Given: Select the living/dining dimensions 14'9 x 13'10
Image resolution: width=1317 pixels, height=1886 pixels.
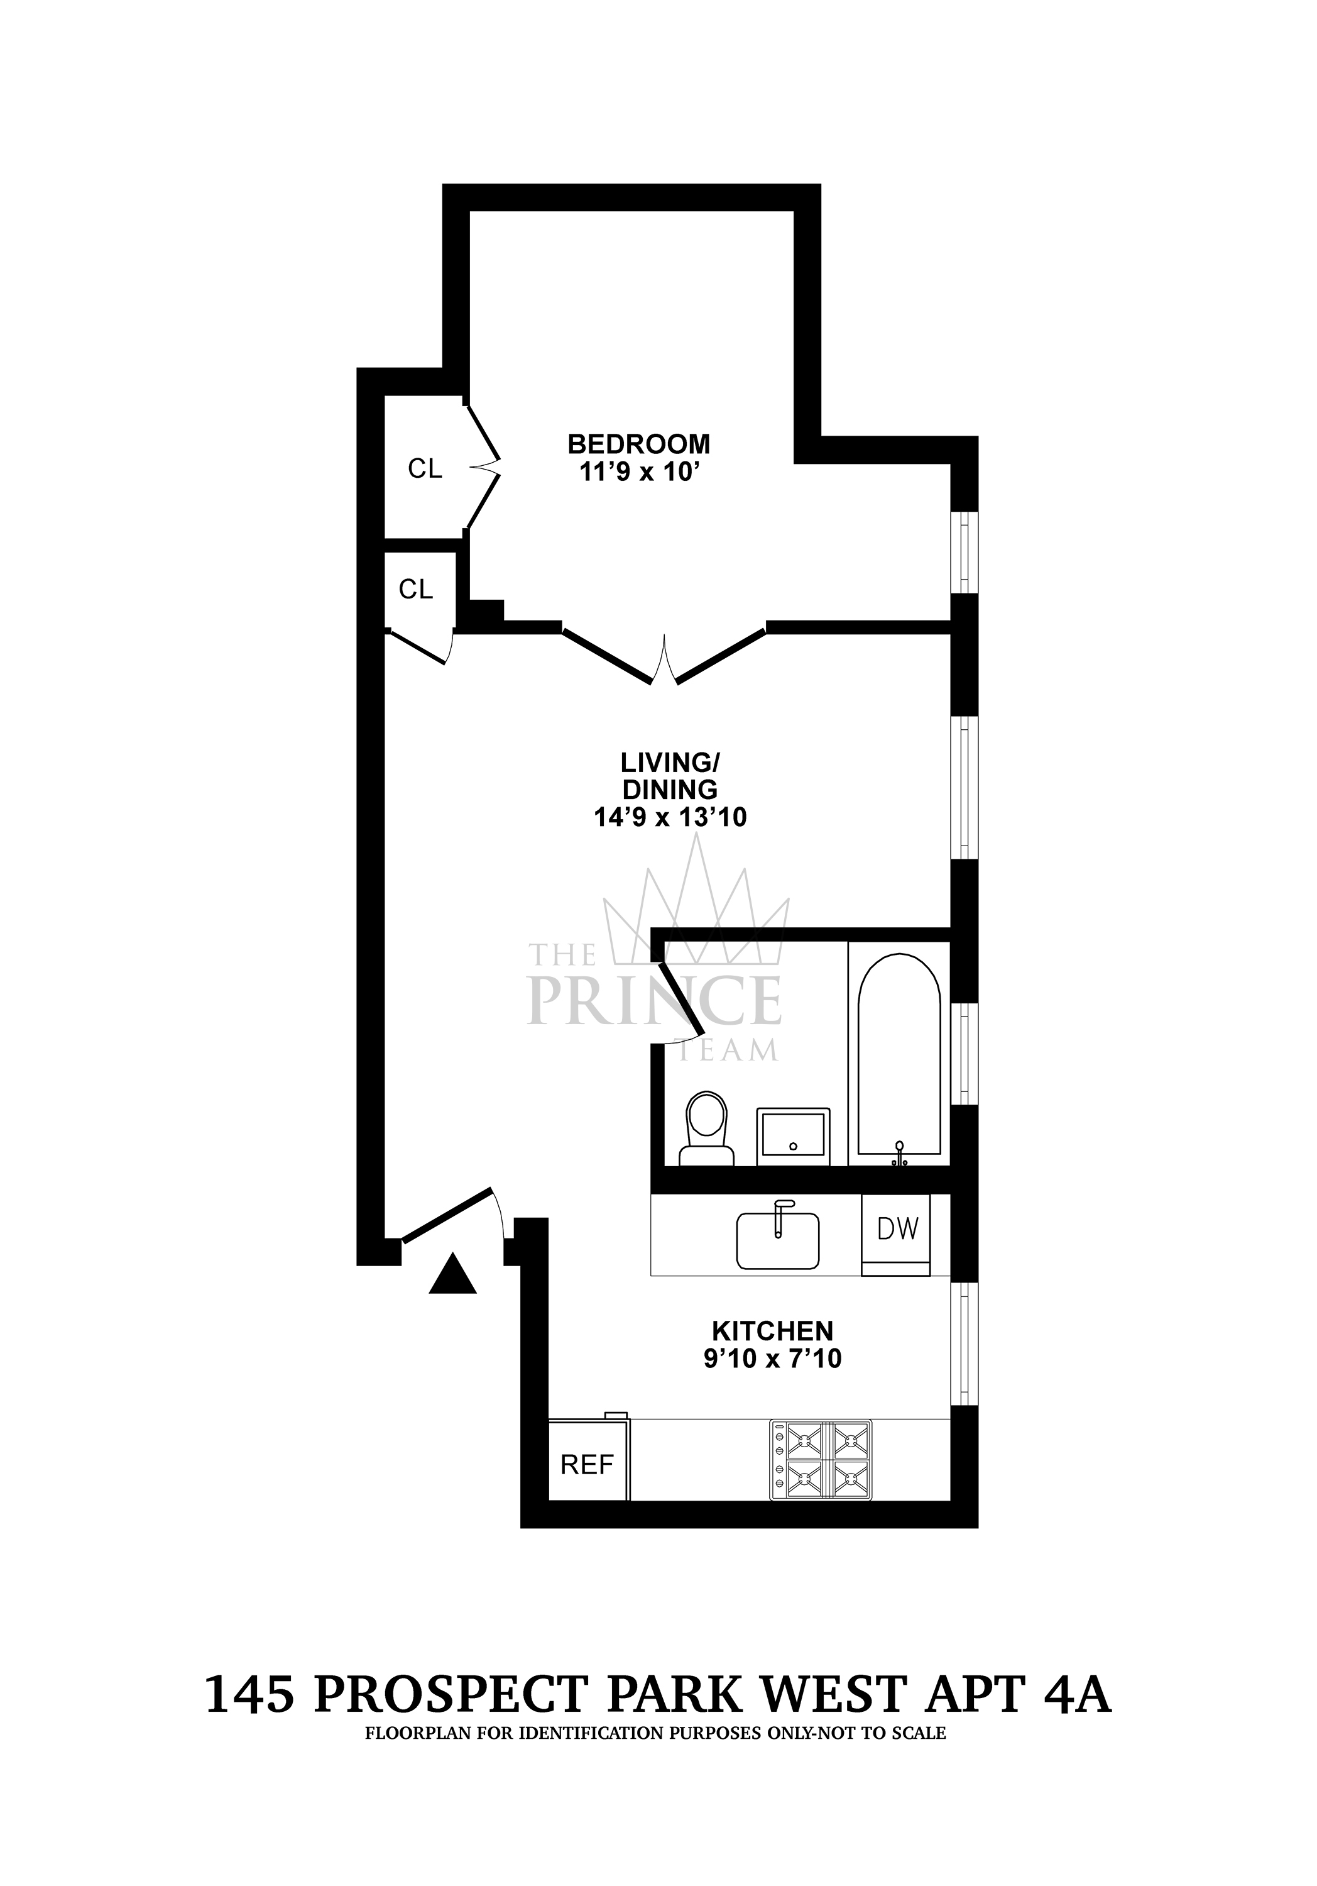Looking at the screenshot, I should [669, 817].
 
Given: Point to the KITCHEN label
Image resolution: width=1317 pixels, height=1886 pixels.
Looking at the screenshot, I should [772, 1330].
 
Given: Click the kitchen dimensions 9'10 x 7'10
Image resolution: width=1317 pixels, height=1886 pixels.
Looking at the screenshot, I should [772, 1359].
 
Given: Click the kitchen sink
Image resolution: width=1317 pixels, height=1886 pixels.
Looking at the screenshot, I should [777, 1240].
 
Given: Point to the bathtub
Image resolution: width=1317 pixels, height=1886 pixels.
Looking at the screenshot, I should [899, 1055].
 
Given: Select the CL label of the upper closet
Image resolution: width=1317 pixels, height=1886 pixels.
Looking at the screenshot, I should [425, 469].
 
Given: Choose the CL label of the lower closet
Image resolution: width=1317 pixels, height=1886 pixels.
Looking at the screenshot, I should [415, 589].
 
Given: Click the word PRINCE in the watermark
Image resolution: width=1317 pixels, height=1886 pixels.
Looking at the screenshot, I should [654, 1000].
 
